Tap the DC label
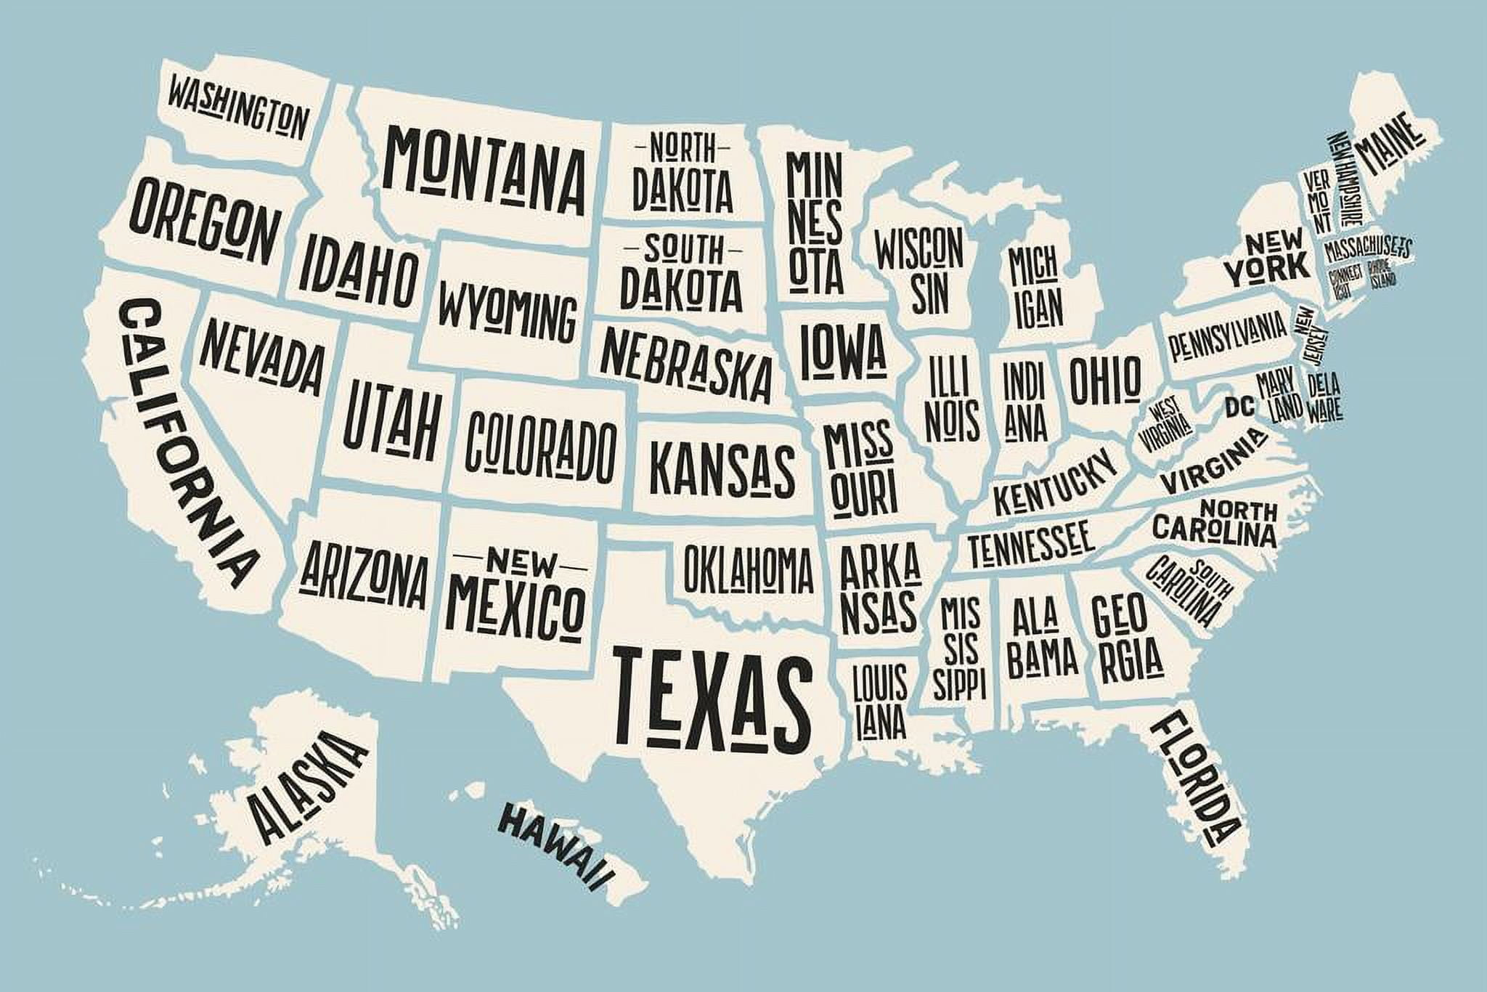tap(1239, 407)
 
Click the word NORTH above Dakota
tap(681, 150)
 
